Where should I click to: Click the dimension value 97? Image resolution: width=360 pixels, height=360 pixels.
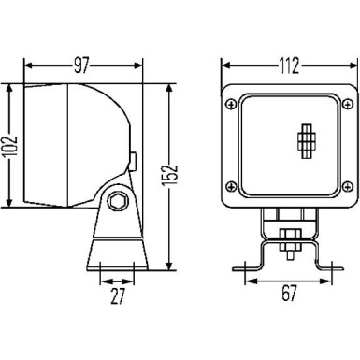pos(82,65)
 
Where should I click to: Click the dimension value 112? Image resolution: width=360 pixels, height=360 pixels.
pos(288,65)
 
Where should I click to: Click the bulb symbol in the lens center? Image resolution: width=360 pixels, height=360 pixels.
pos(306,141)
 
